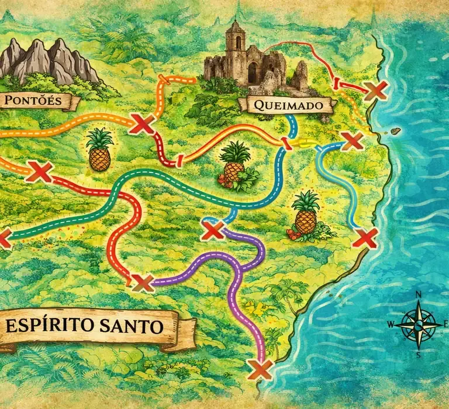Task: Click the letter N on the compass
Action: tap(419, 294)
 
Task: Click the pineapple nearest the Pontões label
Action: tap(99, 150)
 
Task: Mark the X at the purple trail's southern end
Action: tap(260, 369)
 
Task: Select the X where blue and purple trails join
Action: tap(213, 230)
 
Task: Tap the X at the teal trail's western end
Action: tap(3, 237)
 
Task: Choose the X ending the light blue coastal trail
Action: tap(365, 238)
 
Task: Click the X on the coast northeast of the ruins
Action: tap(375, 91)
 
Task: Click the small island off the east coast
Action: tap(395, 131)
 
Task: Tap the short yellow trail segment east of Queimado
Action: tap(303, 142)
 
